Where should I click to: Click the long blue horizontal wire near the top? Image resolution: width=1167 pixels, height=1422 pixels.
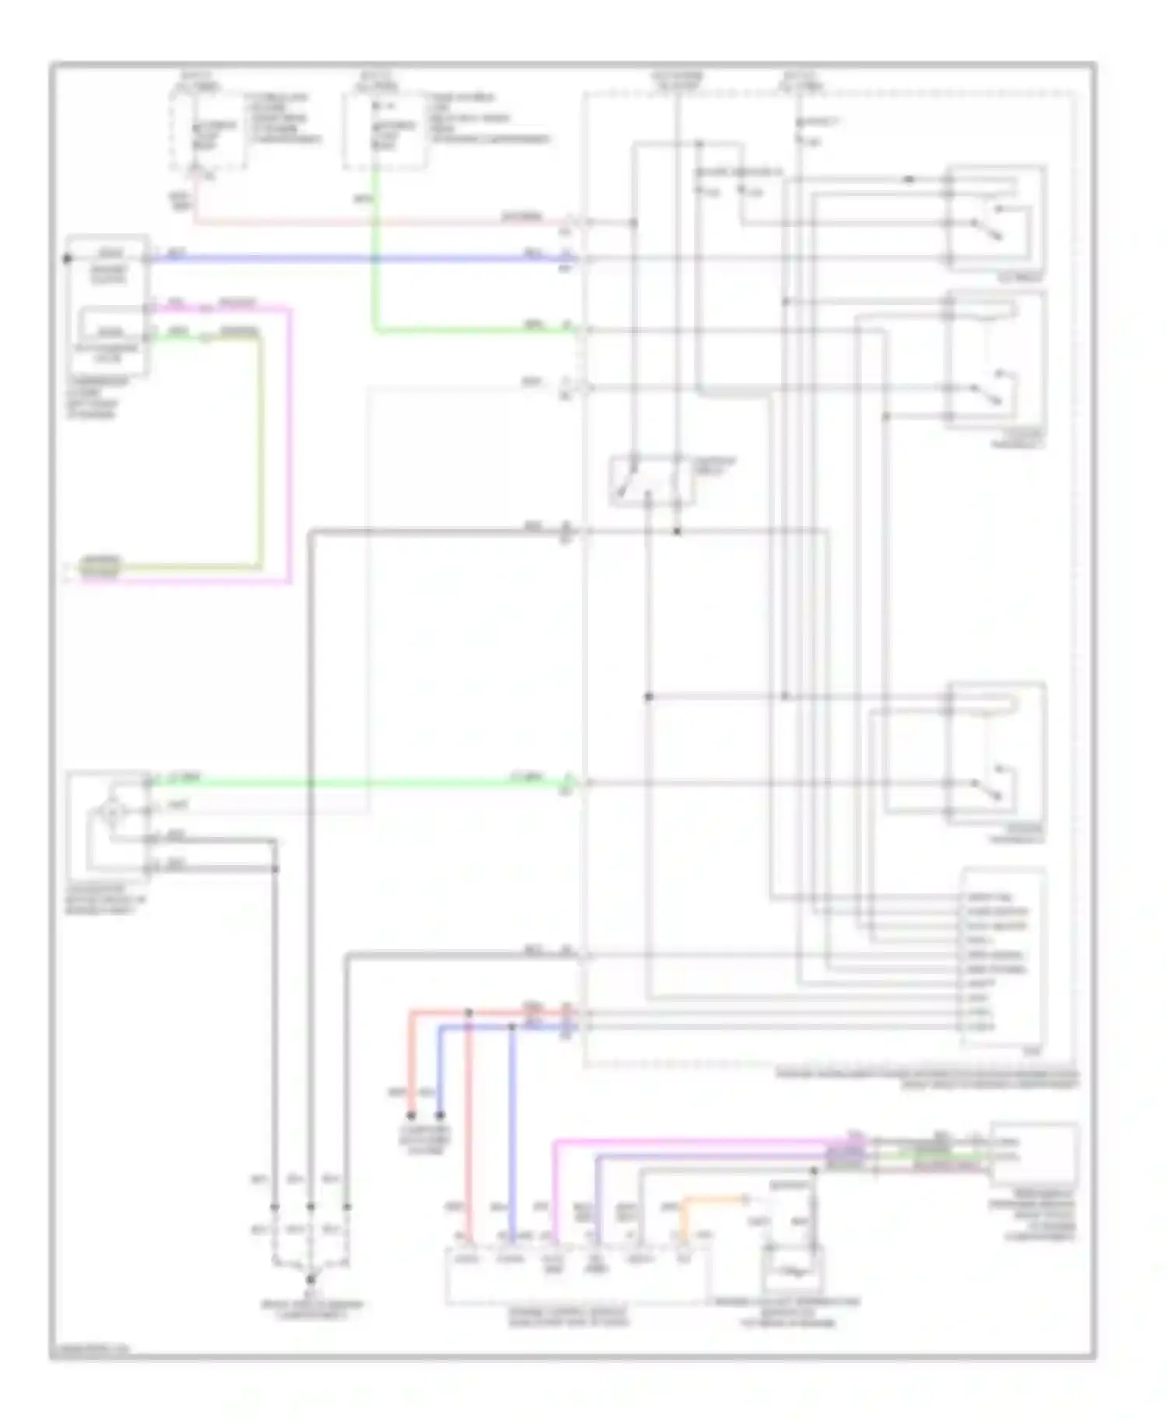point(358,258)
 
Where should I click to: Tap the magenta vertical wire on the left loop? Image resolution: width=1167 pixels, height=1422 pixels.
point(289,443)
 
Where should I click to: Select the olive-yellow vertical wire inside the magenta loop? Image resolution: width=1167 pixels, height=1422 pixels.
point(260,451)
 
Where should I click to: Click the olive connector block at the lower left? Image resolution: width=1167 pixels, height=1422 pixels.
point(101,566)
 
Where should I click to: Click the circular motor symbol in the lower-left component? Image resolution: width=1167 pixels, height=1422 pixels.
point(113,812)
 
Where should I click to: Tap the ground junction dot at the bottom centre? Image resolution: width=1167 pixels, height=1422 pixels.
point(310,1278)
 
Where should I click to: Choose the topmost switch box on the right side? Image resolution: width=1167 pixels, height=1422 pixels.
point(996,218)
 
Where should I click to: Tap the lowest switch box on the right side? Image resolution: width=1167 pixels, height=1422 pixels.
point(996,751)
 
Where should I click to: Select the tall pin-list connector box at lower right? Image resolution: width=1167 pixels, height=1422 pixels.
point(1004,961)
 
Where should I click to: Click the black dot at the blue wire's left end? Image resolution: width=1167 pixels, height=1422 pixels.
point(67,258)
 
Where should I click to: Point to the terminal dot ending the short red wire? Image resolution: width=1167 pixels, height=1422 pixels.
point(411,1115)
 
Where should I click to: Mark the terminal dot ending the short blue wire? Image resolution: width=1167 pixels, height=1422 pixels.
point(440,1115)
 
